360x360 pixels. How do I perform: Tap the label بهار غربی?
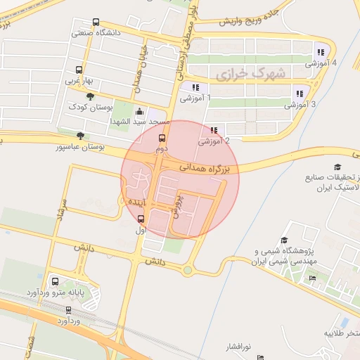(x=79, y=81)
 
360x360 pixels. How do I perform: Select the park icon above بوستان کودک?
(x=89, y=96)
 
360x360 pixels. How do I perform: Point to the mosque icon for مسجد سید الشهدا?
(x=139, y=111)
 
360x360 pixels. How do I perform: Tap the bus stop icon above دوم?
(x=162, y=139)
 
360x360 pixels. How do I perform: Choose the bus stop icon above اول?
(x=140, y=219)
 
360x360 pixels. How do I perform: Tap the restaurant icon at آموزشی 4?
(x=321, y=51)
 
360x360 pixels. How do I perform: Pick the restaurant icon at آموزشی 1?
(x=195, y=88)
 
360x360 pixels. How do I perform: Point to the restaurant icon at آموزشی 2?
(x=213, y=130)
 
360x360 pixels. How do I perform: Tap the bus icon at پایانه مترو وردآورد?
(x=56, y=281)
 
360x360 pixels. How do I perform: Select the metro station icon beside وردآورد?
(x=69, y=309)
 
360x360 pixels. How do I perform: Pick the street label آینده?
(x=136, y=202)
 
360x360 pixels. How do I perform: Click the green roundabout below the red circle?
(x=188, y=270)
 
